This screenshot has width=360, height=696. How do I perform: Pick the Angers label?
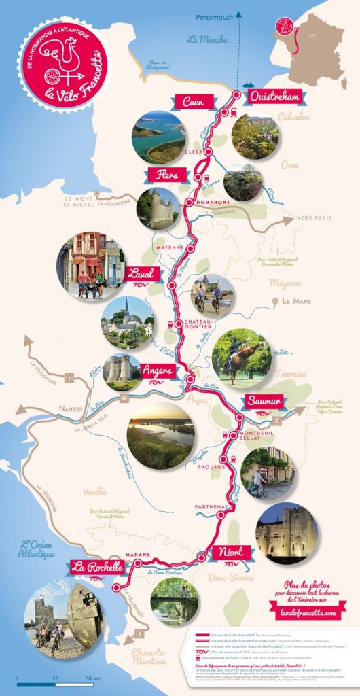[x=158, y=371]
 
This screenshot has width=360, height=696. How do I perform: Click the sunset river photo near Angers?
[x=160, y=436]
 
